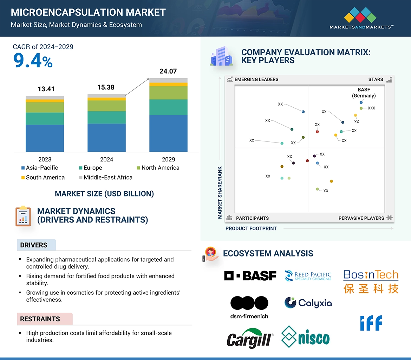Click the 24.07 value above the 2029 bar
point(168,71)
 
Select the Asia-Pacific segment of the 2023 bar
point(45,138)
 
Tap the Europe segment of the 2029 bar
point(168,107)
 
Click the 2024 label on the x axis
point(106,159)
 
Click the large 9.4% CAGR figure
point(33,61)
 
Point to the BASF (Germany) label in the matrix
point(364,93)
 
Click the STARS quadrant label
point(376,80)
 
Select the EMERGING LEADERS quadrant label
point(256,80)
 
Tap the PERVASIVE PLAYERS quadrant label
point(361,218)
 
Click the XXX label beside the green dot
point(371,108)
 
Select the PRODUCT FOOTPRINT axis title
point(251,228)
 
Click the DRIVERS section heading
point(34,245)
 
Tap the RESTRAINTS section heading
point(40,319)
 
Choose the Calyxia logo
point(308,303)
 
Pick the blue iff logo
point(371,323)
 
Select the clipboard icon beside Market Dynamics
point(23,216)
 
